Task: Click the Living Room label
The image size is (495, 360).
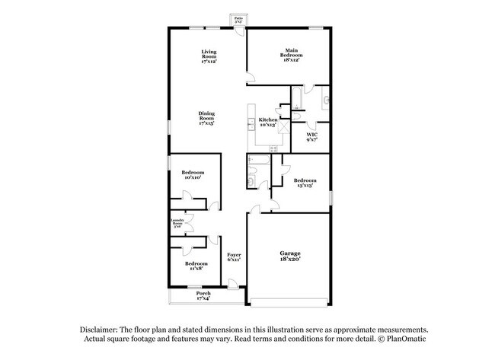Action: click(209, 56)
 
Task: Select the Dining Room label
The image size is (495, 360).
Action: click(206, 117)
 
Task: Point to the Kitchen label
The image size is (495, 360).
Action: click(267, 122)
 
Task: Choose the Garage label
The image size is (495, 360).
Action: click(289, 253)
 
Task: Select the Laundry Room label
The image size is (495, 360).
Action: click(177, 224)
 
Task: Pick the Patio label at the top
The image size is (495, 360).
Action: click(238, 21)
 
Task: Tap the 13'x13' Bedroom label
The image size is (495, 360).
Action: click(305, 183)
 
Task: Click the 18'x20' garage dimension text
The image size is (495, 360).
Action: click(289, 260)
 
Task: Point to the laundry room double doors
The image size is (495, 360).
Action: click(187, 224)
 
